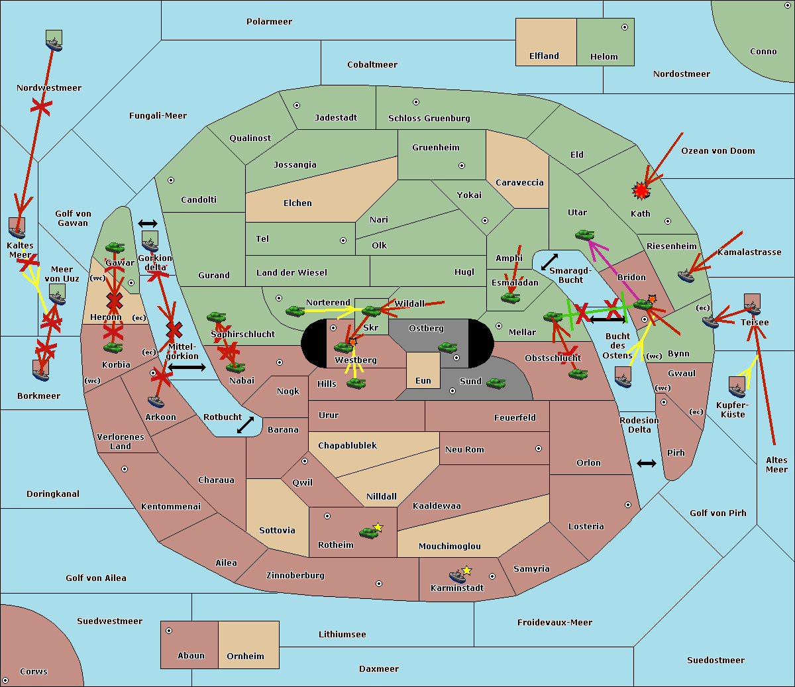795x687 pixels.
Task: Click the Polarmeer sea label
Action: coord(269,22)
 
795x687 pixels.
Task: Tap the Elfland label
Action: coord(544,56)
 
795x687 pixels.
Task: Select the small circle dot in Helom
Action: coord(624,27)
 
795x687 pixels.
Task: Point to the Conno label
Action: coord(763,52)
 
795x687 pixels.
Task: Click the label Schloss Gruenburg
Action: coord(429,119)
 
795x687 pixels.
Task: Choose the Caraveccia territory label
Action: coord(519,183)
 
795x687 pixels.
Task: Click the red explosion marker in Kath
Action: coord(641,191)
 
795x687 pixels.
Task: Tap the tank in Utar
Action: coord(584,235)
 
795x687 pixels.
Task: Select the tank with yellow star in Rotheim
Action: coord(370,531)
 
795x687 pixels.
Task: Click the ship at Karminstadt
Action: coord(458,575)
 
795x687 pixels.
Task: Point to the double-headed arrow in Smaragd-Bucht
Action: coord(549,262)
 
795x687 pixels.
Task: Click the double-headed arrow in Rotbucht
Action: coord(246,425)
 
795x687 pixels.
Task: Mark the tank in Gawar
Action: coord(115,248)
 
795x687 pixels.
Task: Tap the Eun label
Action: coord(423,381)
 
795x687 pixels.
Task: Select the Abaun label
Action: coord(191,656)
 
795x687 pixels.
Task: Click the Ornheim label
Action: coord(245,657)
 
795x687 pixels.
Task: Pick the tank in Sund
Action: coord(496,383)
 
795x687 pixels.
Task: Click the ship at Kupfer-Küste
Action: coord(737,387)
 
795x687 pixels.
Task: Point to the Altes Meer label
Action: coord(776,464)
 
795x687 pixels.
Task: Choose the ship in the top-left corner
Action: coord(54,41)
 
